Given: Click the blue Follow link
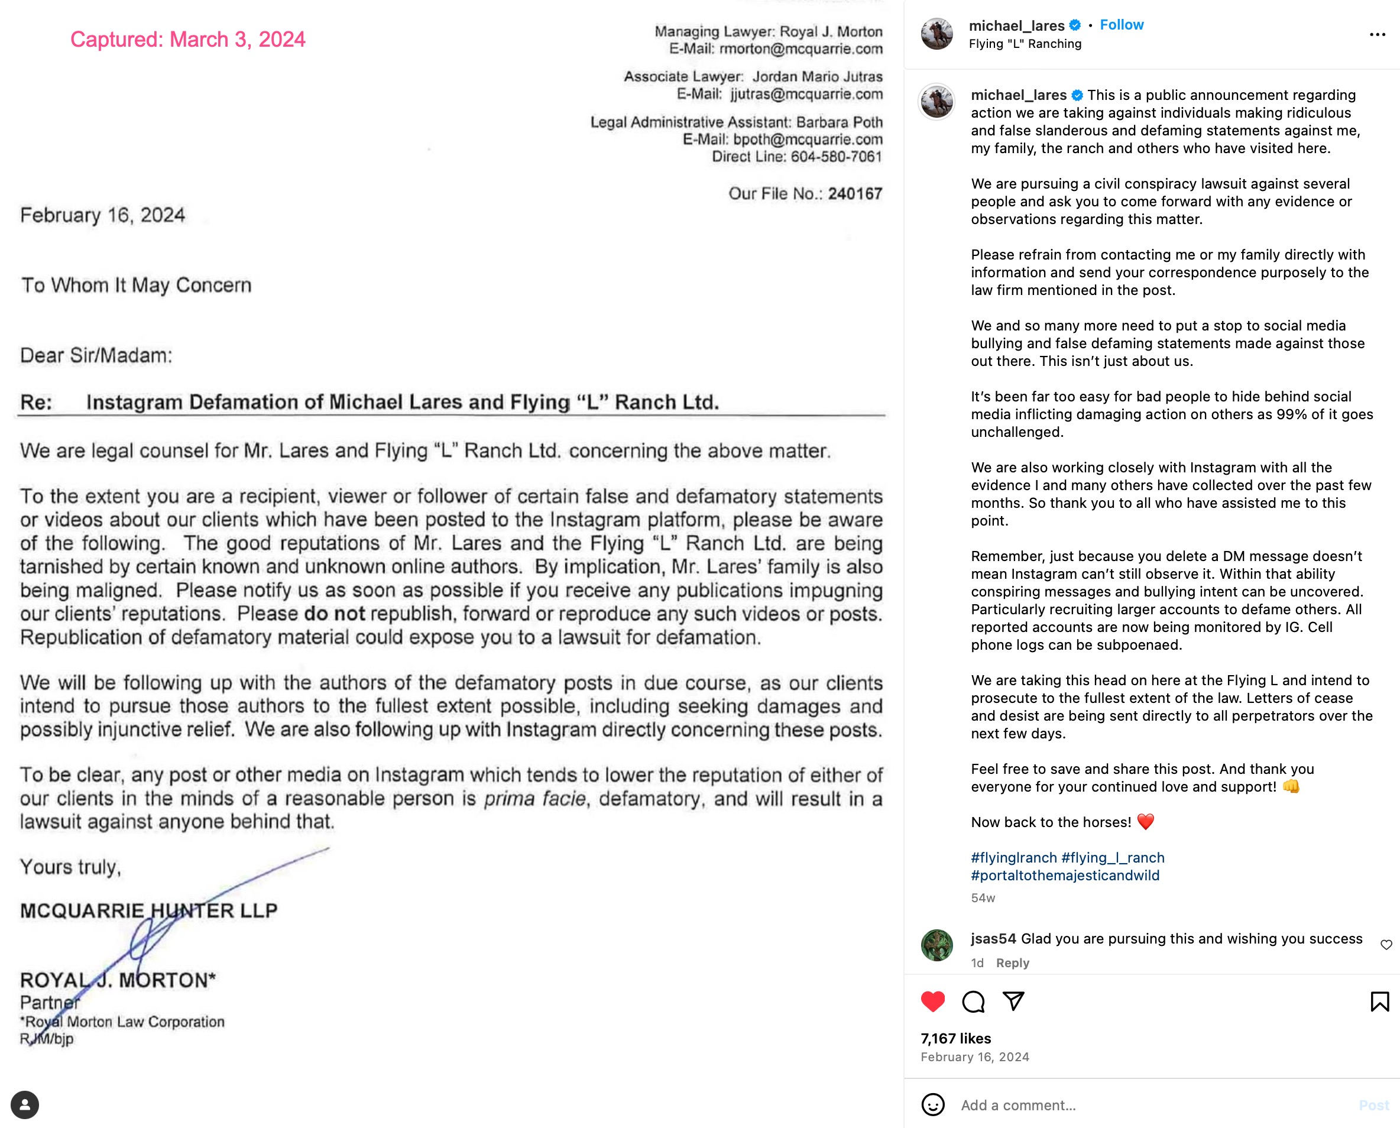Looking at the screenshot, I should (x=1122, y=25).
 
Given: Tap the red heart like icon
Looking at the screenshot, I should (x=933, y=1001).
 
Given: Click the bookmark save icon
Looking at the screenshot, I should (x=1379, y=1001).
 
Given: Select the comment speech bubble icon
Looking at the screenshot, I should (x=973, y=1001).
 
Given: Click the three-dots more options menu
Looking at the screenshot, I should (x=1378, y=34).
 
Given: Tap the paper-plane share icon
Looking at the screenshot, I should (x=1013, y=1001).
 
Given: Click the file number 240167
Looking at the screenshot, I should (x=855, y=194).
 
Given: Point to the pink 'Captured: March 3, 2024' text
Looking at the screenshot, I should (x=188, y=40).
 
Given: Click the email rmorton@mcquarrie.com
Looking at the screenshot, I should (x=801, y=48).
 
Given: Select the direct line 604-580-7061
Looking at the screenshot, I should (x=836, y=157).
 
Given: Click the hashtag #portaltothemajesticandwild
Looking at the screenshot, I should (x=1065, y=875).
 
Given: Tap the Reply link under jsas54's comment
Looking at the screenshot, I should (x=1012, y=963).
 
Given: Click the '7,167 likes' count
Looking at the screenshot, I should (x=955, y=1038).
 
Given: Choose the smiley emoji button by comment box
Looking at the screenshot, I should (x=933, y=1104).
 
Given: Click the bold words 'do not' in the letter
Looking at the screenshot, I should (x=335, y=614).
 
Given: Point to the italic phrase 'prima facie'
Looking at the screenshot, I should (x=534, y=799).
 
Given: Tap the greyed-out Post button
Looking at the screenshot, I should (x=1373, y=1104).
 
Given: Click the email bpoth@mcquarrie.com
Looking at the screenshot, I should (x=808, y=140).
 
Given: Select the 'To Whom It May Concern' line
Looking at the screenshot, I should (x=137, y=285).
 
